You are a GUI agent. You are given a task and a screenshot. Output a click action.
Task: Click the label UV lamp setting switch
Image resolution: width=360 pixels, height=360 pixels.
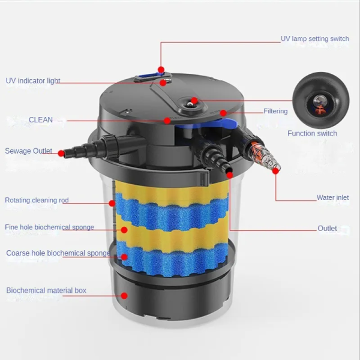pos(315,38)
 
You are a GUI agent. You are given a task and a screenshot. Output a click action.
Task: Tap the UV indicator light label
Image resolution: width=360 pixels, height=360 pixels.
pos(33,81)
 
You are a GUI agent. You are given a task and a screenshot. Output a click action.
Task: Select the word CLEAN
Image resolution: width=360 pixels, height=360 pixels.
pos(41,119)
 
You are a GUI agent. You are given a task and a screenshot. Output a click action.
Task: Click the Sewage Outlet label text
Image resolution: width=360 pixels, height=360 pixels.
pos(28,151)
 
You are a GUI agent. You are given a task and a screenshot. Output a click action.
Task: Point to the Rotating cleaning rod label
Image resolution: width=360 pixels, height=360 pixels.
pos(37,200)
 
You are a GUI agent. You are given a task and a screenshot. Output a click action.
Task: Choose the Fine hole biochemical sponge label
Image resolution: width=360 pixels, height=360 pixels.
pos(49,227)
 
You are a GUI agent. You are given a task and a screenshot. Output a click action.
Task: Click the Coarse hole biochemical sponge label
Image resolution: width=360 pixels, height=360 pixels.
pos(58,253)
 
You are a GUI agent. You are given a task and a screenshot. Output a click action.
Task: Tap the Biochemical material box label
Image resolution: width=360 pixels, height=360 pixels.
pos(46,290)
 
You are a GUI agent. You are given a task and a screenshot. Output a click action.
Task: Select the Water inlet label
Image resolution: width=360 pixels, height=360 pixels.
pos(332,197)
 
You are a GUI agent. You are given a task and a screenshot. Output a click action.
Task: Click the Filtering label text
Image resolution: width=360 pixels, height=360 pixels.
pos(275,111)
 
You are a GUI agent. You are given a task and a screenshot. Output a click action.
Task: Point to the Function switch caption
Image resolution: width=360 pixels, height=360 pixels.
pos(312,133)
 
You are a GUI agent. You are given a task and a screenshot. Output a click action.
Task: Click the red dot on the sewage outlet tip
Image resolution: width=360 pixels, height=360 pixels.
pos(61,154)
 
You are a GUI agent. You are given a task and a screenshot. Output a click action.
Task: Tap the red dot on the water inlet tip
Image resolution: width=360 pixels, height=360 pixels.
pos(276,171)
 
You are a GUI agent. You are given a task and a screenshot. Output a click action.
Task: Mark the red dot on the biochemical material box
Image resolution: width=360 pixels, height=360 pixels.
pos(124,296)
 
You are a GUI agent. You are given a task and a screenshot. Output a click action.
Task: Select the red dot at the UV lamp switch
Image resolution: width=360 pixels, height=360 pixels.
pos(161,70)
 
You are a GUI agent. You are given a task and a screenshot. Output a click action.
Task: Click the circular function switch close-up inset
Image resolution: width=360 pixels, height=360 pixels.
pos(321,100)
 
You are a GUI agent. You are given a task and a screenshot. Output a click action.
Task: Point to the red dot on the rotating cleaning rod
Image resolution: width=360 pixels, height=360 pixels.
pos(112,203)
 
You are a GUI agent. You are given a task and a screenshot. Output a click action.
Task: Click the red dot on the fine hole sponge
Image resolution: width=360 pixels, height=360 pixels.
pos(124,230)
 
